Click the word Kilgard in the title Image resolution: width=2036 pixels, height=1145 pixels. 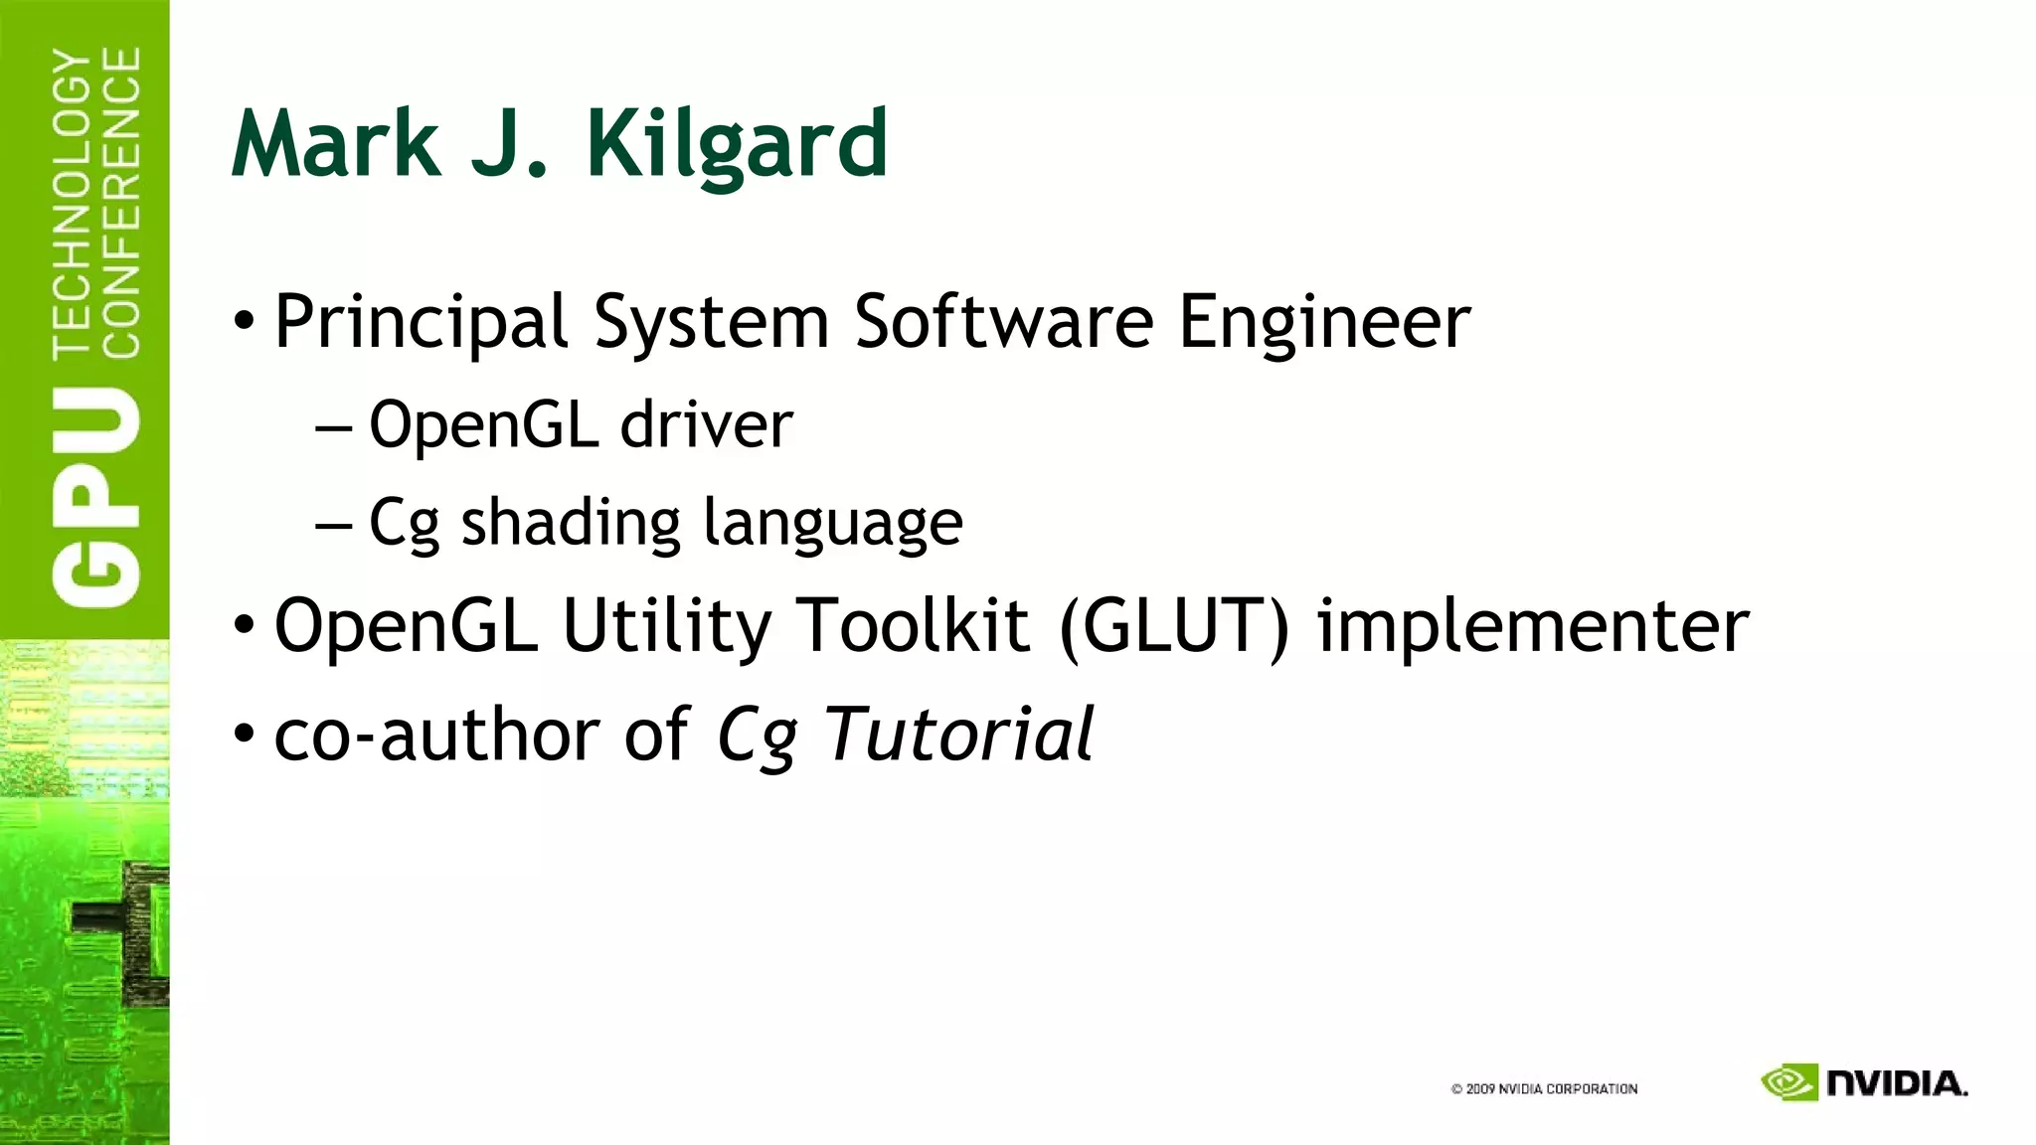click(x=737, y=145)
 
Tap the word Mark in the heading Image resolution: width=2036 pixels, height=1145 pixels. click(x=335, y=145)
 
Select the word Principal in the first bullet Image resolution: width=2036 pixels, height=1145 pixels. click(x=421, y=324)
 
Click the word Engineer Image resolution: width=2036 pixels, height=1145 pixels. click(x=1324, y=324)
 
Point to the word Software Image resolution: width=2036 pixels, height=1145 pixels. click(x=1004, y=322)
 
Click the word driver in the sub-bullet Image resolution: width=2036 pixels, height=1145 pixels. click(x=706, y=425)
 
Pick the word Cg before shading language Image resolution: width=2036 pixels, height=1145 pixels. click(x=404, y=524)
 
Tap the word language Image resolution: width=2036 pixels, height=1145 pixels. click(x=833, y=524)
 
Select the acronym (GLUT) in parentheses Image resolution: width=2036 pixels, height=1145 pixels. click(x=1174, y=626)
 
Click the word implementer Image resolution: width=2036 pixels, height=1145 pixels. click(x=1533, y=626)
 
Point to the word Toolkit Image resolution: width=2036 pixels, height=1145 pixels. click(x=914, y=626)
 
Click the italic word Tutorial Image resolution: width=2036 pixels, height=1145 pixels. click(x=958, y=736)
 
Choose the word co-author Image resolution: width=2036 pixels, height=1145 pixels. click(x=436, y=736)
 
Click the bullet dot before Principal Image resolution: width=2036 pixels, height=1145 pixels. click(x=244, y=323)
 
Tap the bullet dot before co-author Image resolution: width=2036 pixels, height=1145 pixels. click(x=244, y=736)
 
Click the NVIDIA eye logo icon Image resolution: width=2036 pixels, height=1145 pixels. click(x=1788, y=1082)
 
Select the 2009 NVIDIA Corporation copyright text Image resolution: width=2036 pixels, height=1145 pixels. click(x=1544, y=1089)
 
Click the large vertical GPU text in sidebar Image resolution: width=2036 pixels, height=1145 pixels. click(x=96, y=497)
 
